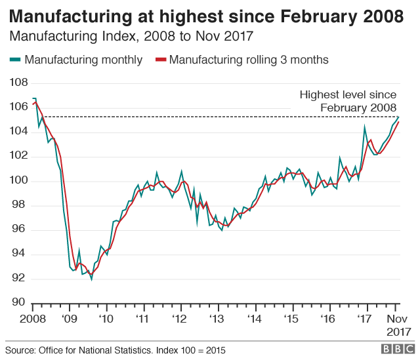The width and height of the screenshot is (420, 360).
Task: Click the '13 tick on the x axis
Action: point(217,319)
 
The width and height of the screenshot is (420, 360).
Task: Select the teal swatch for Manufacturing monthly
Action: point(15,60)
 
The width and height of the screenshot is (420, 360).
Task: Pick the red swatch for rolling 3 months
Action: point(160,60)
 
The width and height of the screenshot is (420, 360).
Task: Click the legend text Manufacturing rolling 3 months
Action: point(249,60)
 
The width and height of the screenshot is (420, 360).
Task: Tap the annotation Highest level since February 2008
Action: point(348,102)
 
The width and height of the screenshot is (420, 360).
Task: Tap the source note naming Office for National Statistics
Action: point(115,350)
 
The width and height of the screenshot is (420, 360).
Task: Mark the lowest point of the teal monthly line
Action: point(91,279)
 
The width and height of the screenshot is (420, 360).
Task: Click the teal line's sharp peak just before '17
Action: point(364,128)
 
